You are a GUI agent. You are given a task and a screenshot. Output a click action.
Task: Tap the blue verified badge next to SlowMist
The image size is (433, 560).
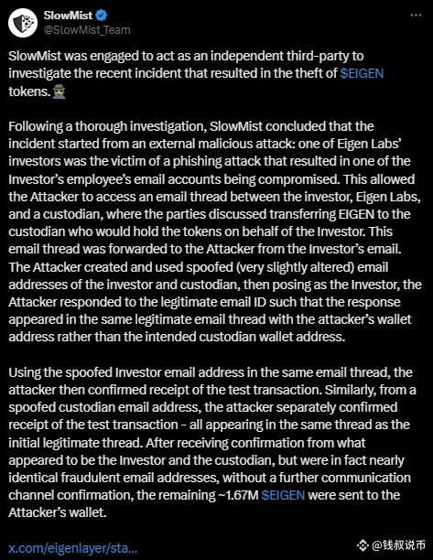tap(103, 15)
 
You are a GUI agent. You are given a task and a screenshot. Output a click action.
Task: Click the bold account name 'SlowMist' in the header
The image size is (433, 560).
tap(67, 15)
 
